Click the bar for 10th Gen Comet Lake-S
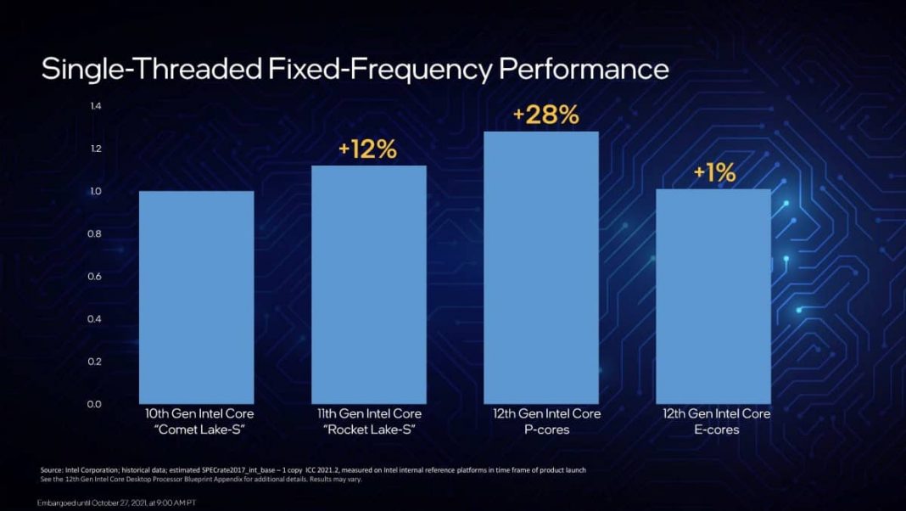point(196,297)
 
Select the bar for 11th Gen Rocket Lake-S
point(368,284)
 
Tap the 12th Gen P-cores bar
point(540,267)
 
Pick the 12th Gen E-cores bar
point(713,296)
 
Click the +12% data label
point(367,149)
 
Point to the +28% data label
point(545,115)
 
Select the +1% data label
point(714,173)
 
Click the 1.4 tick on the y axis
point(95,106)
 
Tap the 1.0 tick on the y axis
point(95,192)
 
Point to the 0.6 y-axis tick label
point(95,277)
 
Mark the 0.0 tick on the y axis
point(95,404)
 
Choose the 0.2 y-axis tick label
point(95,362)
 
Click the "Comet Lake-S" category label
point(196,430)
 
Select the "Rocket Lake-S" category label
point(368,430)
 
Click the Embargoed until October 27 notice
point(117,503)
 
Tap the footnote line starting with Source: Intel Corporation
point(313,469)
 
